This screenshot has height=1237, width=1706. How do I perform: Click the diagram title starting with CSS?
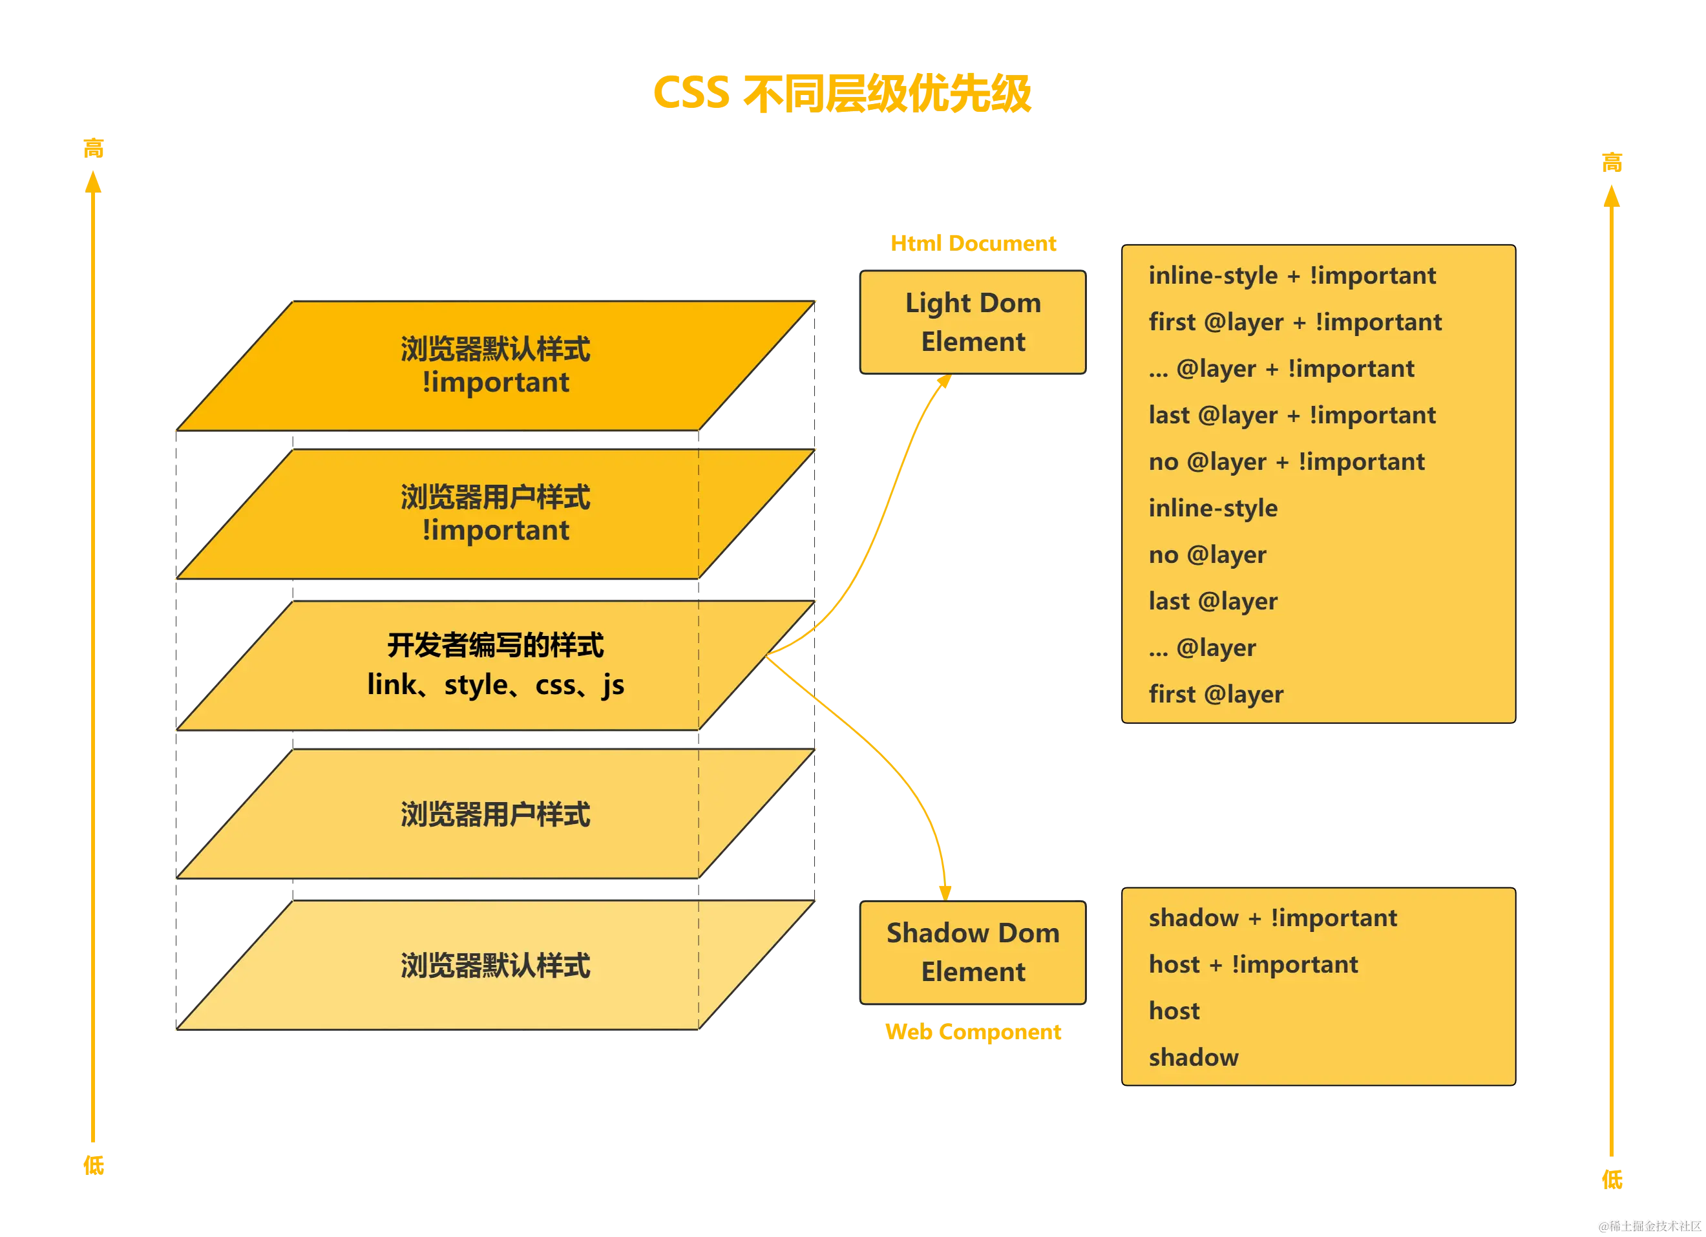tap(842, 93)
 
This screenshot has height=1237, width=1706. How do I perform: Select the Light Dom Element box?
tap(973, 322)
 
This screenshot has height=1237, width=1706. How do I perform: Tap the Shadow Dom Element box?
tap(973, 952)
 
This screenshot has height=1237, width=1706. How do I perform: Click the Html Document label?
tap(973, 243)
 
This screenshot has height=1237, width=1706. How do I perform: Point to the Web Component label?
tap(973, 1031)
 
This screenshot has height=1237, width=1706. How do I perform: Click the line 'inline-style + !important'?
tap(1292, 275)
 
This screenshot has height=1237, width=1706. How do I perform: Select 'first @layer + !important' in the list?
tap(1294, 322)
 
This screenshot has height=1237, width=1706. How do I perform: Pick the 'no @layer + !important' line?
tap(1286, 461)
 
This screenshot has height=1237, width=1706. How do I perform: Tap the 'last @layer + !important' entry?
tap(1292, 414)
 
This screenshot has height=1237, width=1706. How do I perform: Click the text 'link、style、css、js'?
tap(495, 684)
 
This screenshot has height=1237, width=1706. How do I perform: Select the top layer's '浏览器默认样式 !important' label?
tap(495, 366)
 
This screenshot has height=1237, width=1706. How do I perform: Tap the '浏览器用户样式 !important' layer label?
tap(495, 513)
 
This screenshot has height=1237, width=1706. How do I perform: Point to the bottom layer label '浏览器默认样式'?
tap(495, 966)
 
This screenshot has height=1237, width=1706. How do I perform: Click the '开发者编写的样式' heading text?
tap(495, 646)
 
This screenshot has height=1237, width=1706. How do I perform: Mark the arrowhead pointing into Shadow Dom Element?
tap(945, 892)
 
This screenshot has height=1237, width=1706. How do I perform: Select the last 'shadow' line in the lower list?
tap(1193, 1057)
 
